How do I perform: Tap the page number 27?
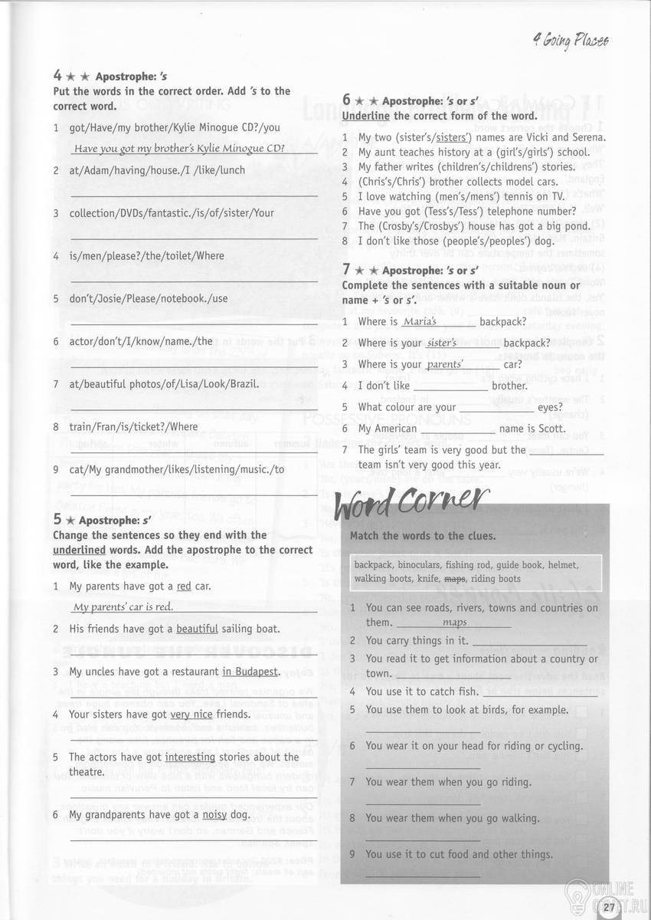coord(609,908)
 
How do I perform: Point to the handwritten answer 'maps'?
coord(454,623)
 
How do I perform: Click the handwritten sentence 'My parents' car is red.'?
coord(123,606)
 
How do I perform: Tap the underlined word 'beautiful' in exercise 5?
coord(197,629)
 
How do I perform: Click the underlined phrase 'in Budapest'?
coord(250,672)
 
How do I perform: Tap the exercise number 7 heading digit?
coord(347,269)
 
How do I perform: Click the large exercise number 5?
coord(57,520)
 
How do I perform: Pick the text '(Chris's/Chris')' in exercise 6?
coord(389,182)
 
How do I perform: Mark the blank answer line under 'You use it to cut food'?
coord(423,875)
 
